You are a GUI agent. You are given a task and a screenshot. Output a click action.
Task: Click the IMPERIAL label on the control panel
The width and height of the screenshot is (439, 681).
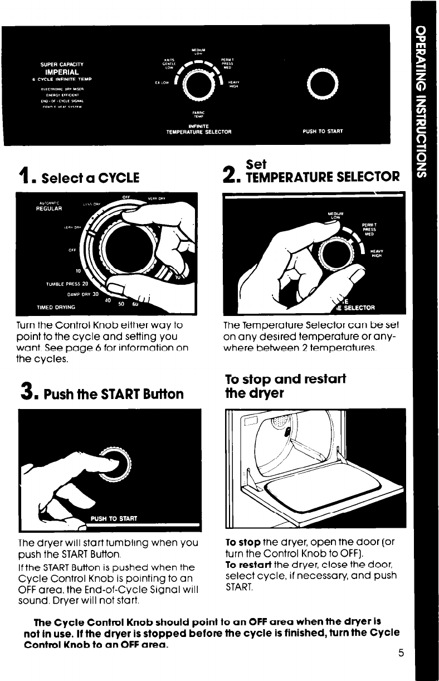(61, 71)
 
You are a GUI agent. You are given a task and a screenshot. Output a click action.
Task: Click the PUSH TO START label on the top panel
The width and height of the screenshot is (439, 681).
(322, 132)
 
